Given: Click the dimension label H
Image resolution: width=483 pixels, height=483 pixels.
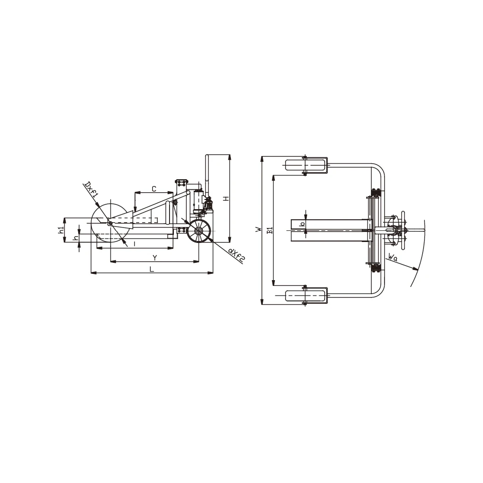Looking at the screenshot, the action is coord(227,199).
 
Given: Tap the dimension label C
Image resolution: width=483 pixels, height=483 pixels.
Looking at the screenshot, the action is coord(154,189).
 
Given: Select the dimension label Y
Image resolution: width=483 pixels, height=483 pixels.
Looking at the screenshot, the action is coord(155,257).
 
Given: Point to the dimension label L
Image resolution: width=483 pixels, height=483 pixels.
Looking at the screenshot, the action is coord(152,269).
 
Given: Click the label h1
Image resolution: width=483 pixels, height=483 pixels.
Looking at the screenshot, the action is coord(61,229).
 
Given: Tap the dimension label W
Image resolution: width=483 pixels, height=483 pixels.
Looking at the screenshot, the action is coord(258,229).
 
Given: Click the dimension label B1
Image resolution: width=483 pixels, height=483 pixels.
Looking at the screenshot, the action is coord(270,230).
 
